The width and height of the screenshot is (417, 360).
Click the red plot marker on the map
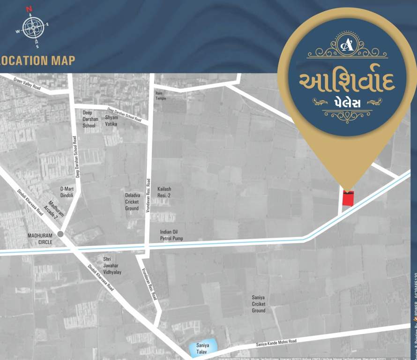pyautogui.click(x=348, y=198)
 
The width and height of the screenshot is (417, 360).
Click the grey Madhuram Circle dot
pyautogui.click(x=60, y=234)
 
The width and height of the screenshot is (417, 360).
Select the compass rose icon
pyautogui.click(x=32, y=27)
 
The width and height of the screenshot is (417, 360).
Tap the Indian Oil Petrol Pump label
pyautogui.click(x=171, y=235)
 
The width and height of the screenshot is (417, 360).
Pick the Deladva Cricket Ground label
pyautogui.click(x=132, y=202)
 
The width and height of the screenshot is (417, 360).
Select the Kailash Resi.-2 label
pyautogui.click(x=164, y=191)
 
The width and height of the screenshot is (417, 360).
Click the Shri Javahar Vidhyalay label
pyautogui.click(x=112, y=265)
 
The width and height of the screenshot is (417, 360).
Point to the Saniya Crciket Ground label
pyautogui.click(x=258, y=304)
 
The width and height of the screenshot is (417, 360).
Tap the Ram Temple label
pyautogui.click(x=161, y=96)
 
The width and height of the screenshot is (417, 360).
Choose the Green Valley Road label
pyautogui.click(x=27, y=84)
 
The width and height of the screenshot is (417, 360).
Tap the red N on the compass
pyautogui.click(x=29, y=9)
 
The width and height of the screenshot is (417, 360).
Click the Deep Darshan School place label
pyautogui.click(x=90, y=119)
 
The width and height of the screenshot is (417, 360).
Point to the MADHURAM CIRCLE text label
pyautogui.click(x=40, y=239)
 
